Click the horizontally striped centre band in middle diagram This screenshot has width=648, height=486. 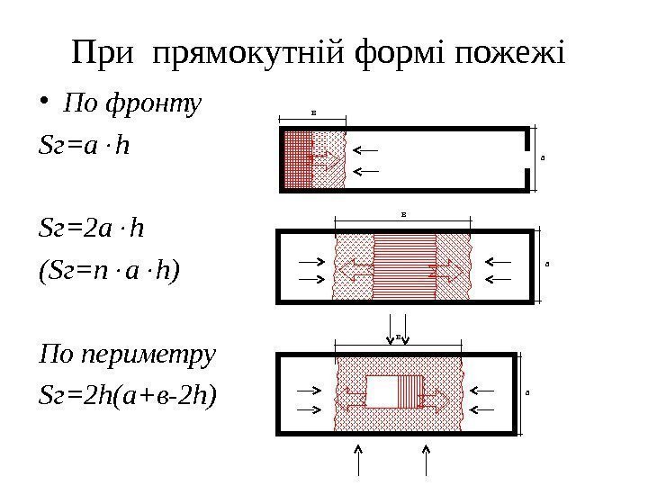404,267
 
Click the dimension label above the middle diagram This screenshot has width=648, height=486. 403,214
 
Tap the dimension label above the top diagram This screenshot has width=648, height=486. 313,113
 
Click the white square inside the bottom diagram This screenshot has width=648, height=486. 382,394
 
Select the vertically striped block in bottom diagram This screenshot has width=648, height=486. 410,394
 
